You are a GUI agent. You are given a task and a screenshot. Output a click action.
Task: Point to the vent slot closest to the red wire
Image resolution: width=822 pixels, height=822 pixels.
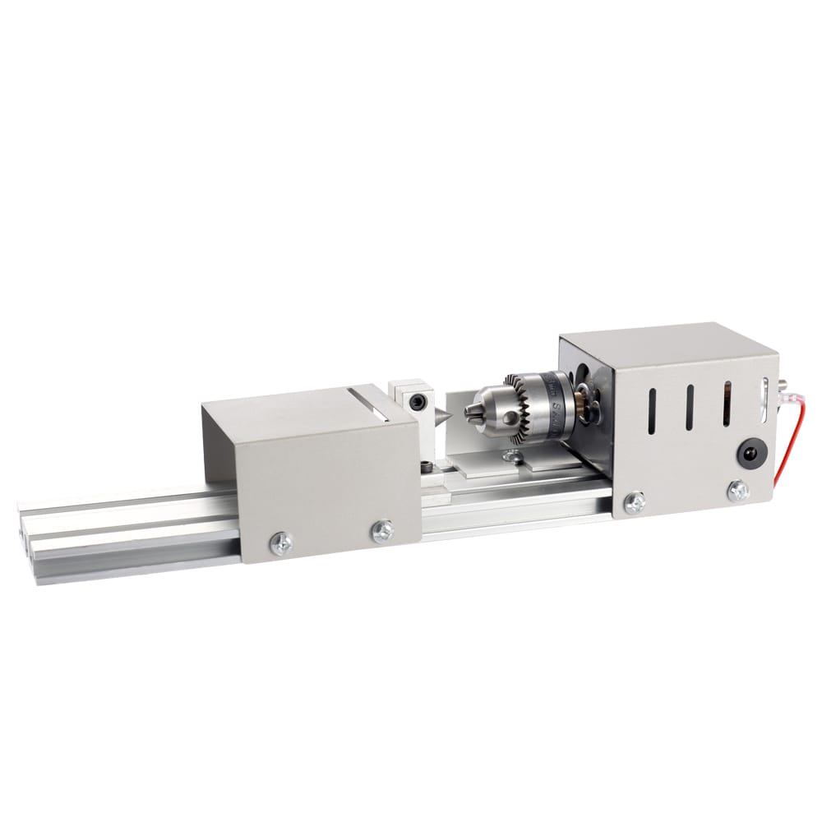pos(727,402)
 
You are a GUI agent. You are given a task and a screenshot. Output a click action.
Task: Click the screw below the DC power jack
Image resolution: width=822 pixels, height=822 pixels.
pos(738,491)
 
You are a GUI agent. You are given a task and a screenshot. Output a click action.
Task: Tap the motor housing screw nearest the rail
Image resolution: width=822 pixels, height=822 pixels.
pos(634,502)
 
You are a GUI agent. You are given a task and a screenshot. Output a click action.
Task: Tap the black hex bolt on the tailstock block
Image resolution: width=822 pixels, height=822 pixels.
pos(418,402)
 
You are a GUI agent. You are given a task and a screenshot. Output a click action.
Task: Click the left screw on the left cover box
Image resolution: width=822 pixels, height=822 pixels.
pos(282,543)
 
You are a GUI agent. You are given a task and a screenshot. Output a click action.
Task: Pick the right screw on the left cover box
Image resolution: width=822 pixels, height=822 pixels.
pos(381,531)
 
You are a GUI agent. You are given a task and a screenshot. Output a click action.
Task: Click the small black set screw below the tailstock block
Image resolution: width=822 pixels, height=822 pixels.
pos(427,467)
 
